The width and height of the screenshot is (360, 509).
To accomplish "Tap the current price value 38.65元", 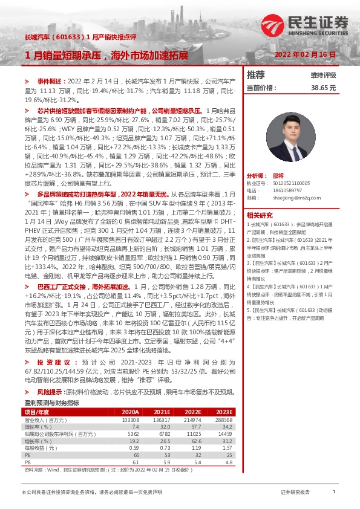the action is (323, 88).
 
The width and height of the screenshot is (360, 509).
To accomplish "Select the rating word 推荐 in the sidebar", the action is (256, 75).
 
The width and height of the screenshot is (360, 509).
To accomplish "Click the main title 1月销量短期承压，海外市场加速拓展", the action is (106, 55).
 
